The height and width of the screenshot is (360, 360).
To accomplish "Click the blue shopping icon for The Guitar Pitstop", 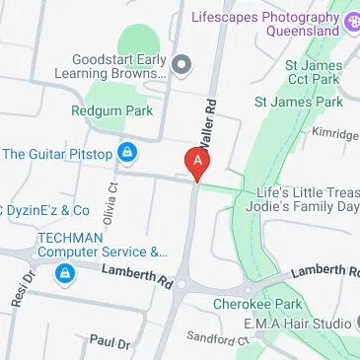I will pyautogui.click(x=126, y=152).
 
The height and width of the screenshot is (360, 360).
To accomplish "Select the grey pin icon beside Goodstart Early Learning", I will pyautogui.click(x=180, y=66).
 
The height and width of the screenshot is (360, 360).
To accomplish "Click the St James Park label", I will pyautogui.click(x=298, y=102).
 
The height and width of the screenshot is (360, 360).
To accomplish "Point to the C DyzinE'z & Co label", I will pyautogui.click(x=45, y=210).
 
